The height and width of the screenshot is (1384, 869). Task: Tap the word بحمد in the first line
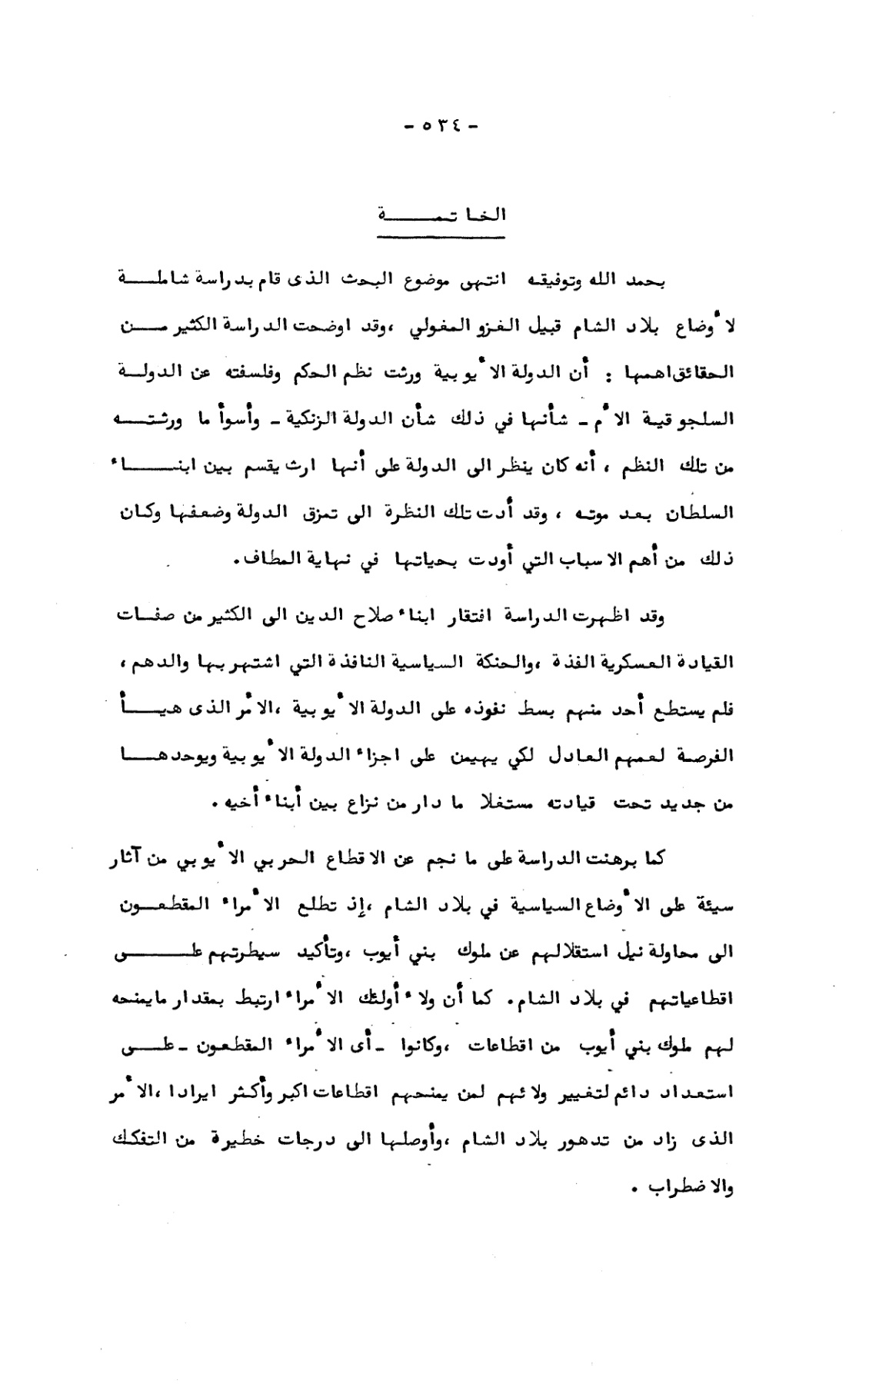645,281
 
